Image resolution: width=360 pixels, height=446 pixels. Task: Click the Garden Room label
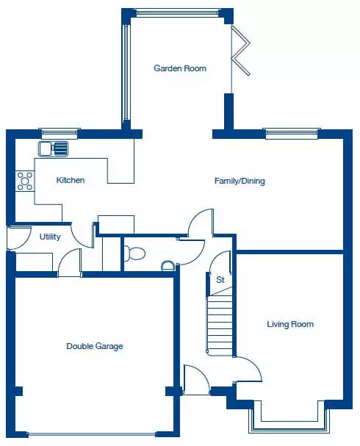point(180,68)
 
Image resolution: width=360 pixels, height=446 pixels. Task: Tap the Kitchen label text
point(71,180)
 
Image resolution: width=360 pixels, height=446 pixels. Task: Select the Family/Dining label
point(240,181)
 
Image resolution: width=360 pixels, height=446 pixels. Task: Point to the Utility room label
point(50,237)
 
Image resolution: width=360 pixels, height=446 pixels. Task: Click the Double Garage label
point(95,346)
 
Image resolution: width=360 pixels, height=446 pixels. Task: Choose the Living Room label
point(290,324)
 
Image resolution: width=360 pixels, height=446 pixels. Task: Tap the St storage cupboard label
point(220,280)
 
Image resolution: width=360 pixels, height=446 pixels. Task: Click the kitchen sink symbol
point(54,148)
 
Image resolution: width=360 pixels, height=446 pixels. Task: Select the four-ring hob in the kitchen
point(25,181)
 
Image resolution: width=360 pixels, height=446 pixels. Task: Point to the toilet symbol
point(134,253)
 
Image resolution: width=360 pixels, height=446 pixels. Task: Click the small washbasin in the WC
point(168,265)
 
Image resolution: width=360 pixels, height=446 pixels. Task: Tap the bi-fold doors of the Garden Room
point(240,51)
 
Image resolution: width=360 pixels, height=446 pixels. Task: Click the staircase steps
point(220,324)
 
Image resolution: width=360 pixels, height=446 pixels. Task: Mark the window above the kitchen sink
point(60,134)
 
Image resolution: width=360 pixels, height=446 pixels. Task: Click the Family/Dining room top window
point(292,134)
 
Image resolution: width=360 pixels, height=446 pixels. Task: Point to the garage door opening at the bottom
point(92,434)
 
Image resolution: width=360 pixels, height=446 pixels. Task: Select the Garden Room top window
point(178,12)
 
